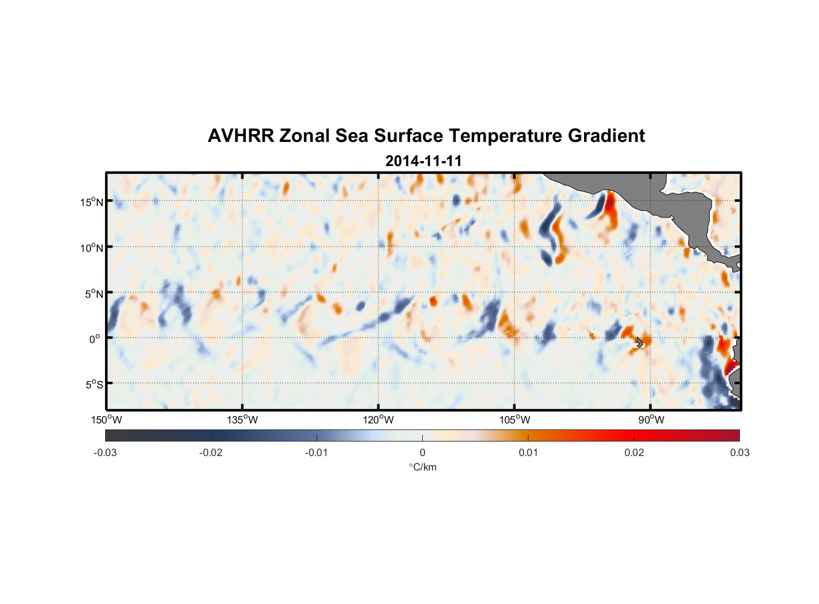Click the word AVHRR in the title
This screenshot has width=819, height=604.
pos(240,136)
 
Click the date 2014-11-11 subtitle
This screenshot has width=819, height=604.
pos(423,161)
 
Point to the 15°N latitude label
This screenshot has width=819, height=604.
pos(91,202)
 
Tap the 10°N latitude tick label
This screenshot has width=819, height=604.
pos(91,248)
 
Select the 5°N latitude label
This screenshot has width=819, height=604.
pos(93,294)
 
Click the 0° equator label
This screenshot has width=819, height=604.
pos(94,339)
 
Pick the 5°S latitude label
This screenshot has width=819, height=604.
pos(93,384)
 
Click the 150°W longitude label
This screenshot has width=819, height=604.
pos(106,420)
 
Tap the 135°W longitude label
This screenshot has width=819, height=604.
pos(242,420)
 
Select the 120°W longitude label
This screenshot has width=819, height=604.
pos(378,420)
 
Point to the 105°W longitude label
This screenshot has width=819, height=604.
pos(515,420)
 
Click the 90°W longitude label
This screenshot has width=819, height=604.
pos(650,420)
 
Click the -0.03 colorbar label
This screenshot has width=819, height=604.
pos(105,452)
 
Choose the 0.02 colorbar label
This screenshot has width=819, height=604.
pos(634,452)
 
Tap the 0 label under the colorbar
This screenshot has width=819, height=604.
pos(422,452)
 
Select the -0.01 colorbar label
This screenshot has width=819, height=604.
pos(316,452)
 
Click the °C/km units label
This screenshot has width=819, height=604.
pos(422,467)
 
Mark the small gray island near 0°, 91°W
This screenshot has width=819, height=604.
pos(640,342)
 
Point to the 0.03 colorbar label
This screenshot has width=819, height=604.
pos(739,452)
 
